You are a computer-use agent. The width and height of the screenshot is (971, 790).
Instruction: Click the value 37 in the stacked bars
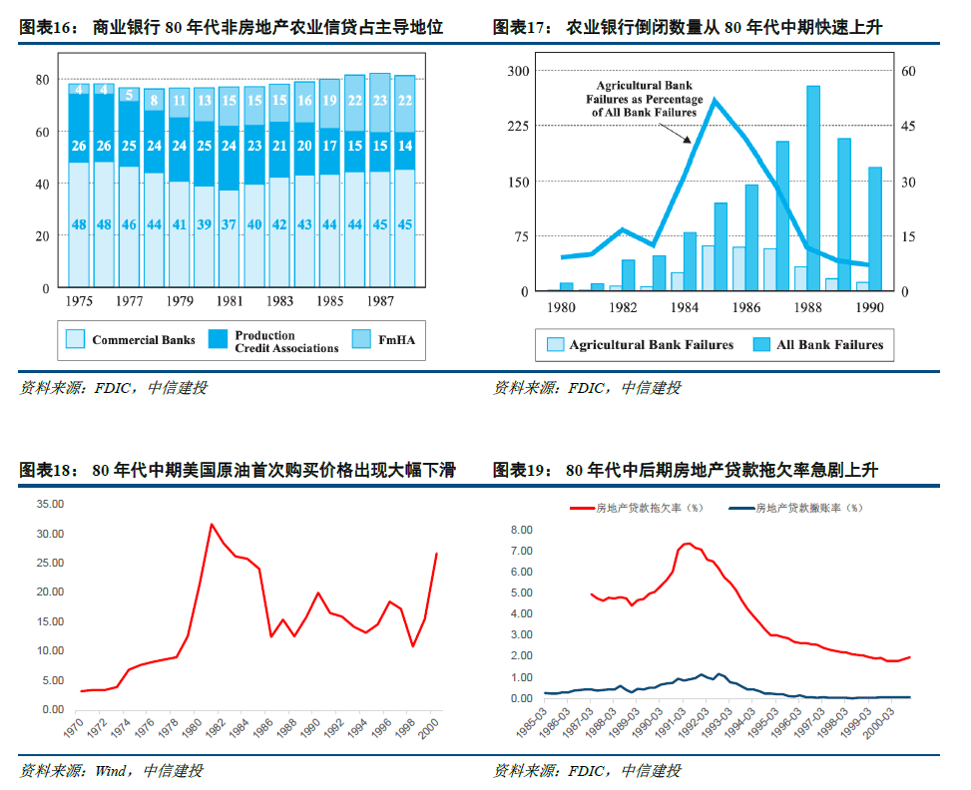click(230, 224)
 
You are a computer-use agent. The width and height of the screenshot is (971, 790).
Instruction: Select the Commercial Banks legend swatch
click(75, 339)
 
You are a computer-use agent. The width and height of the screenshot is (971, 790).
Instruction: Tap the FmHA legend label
click(397, 340)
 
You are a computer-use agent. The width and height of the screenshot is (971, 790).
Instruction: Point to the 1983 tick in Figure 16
click(279, 301)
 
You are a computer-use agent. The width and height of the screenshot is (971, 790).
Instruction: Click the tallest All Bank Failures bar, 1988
click(813, 189)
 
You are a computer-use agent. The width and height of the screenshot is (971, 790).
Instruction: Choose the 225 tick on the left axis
click(518, 126)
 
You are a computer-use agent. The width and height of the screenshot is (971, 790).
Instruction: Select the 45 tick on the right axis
click(908, 126)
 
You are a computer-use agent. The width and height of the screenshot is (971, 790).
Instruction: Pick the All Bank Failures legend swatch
click(761, 344)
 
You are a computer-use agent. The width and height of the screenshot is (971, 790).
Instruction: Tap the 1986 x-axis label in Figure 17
click(745, 307)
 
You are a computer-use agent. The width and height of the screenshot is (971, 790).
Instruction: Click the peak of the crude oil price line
click(212, 525)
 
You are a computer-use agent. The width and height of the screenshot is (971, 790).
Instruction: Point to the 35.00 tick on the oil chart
click(50, 504)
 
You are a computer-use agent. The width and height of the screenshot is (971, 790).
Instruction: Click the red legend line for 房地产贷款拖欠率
click(582, 509)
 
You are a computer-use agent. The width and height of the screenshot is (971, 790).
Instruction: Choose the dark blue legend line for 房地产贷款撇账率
click(741, 509)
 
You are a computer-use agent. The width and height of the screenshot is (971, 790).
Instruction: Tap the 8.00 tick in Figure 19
click(521, 530)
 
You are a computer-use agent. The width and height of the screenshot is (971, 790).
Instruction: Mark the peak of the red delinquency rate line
click(687, 544)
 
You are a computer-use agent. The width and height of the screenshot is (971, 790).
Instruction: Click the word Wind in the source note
click(110, 771)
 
